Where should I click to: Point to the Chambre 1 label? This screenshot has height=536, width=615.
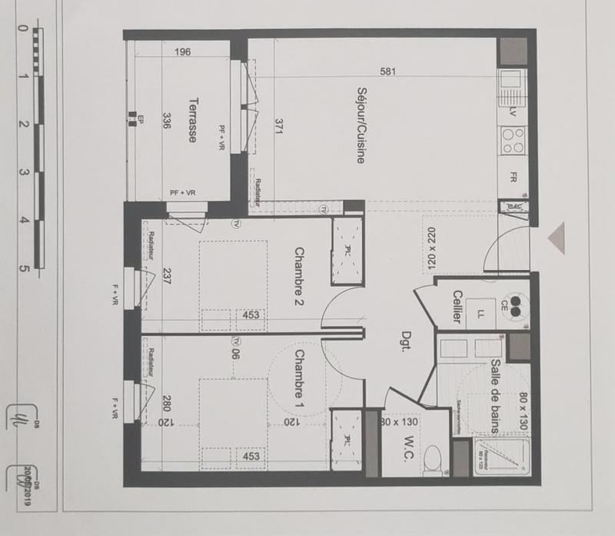[x=300, y=375]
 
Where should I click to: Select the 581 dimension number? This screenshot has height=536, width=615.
[x=388, y=72]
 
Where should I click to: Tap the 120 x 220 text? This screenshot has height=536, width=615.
[x=430, y=245]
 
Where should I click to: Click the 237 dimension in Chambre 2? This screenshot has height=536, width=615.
[x=167, y=276]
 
